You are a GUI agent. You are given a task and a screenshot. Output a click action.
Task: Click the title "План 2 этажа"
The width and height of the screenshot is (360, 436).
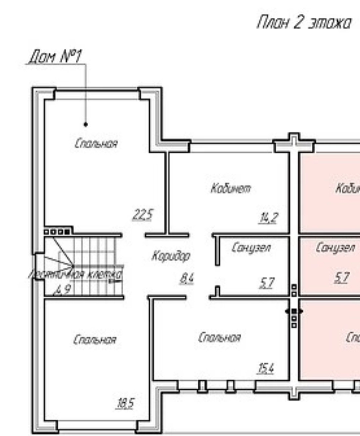pos(304,23)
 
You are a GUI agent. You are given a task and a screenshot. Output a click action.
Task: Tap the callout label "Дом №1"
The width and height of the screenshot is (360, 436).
pos(55,56)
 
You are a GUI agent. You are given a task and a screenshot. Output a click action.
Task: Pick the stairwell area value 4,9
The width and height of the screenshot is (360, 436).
pos(63,290)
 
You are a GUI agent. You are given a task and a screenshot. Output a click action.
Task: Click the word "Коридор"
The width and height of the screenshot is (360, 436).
pos(171,256)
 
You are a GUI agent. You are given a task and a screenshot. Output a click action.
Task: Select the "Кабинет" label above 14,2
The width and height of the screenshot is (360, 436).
pos(230,189)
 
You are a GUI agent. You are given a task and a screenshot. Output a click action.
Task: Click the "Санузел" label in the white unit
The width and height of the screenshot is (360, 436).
pos(251,247)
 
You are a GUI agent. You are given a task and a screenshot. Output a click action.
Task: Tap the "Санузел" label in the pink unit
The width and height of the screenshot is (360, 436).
pos(335,247)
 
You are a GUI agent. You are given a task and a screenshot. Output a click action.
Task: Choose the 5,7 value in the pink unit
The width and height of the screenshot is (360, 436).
pos(342,277)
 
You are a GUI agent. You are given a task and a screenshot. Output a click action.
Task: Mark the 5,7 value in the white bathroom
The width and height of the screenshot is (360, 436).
pos(267,283)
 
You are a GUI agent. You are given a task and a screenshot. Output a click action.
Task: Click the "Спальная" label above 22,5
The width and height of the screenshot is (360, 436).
pos(96,144)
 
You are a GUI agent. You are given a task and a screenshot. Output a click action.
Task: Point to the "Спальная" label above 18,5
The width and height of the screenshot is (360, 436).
pos(95,340)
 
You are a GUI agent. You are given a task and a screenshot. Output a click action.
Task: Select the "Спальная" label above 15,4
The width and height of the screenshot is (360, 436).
pos(219,337)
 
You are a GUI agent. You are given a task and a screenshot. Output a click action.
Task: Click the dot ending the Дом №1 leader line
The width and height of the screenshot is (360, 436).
pos(86,124)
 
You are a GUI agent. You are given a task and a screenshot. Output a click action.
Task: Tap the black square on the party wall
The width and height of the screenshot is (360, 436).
pos(294,311)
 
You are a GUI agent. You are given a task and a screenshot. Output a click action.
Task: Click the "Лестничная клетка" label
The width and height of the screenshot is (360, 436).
pos(75,275)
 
